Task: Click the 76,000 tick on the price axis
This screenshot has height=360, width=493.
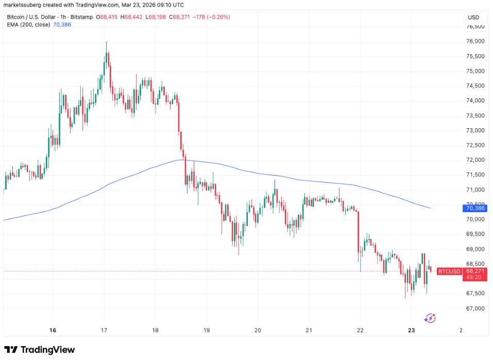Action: (x=473, y=41)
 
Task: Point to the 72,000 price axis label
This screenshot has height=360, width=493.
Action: (x=473, y=160)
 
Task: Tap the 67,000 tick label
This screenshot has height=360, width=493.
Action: (x=473, y=308)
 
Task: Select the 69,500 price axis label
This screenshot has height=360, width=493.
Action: (x=473, y=234)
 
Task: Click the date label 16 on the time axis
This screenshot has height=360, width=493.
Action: (x=53, y=330)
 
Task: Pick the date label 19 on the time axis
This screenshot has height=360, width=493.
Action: (x=207, y=330)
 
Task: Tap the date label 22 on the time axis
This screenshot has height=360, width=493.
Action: (x=360, y=330)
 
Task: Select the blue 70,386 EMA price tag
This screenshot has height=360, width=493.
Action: (x=473, y=208)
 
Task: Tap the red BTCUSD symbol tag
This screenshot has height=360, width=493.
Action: (x=449, y=271)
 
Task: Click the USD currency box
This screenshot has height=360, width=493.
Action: (x=473, y=18)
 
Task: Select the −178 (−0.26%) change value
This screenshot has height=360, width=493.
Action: (x=211, y=17)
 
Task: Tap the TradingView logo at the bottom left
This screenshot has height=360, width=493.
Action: (x=40, y=350)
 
